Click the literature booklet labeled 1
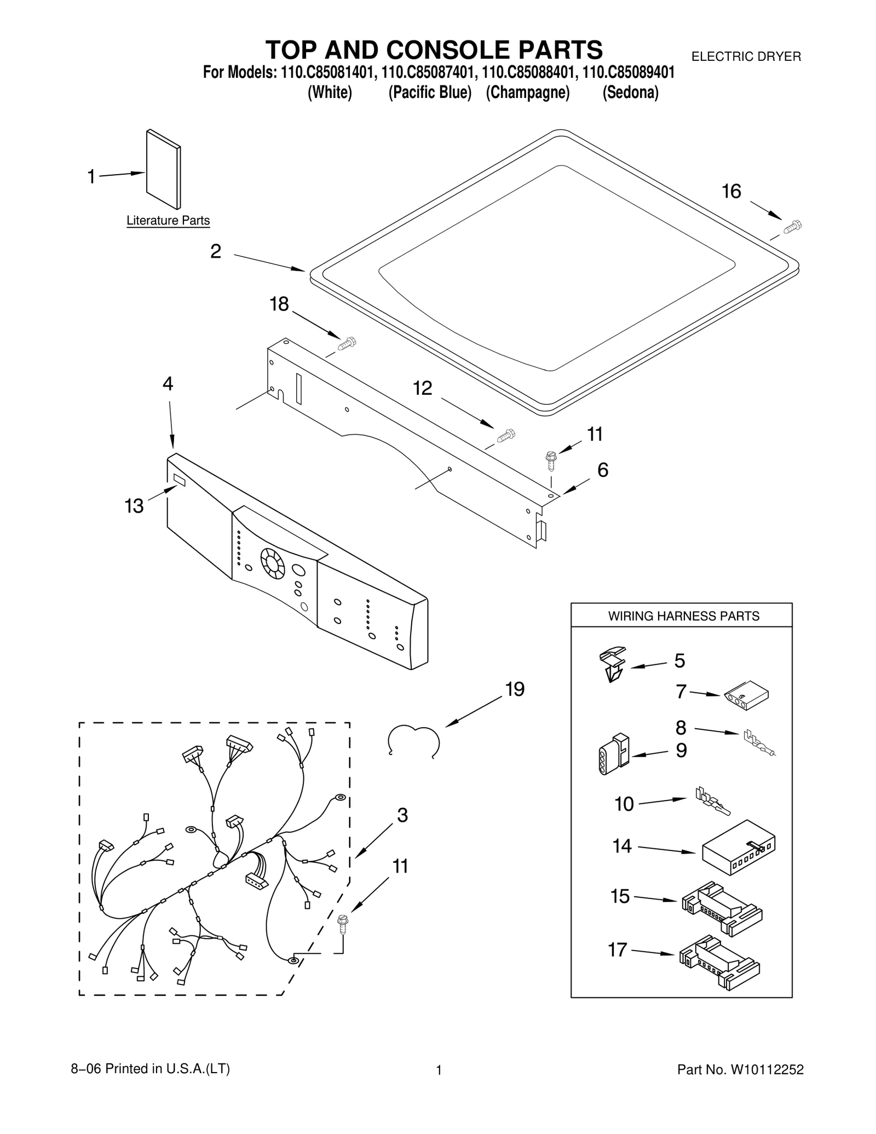pyautogui.click(x=163, y=169)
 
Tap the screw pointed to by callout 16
pyautogui.click(x=792, y=226)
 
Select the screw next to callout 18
pyautogui.click(x=347, y=344)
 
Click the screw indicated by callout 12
pyautogui.click(x=506, y=435)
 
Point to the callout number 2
pyautogui.click(x=216, y=251)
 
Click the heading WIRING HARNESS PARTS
pyautogui.click(x=683, y=616)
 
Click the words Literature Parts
pyautogui.click(x=168, y=220)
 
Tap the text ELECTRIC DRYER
pyautogui.click(x=746, y=56)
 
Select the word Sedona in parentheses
pyautogui.click(x=630, y=93)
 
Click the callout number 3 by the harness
pyautogui.click(x=402, y=815)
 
